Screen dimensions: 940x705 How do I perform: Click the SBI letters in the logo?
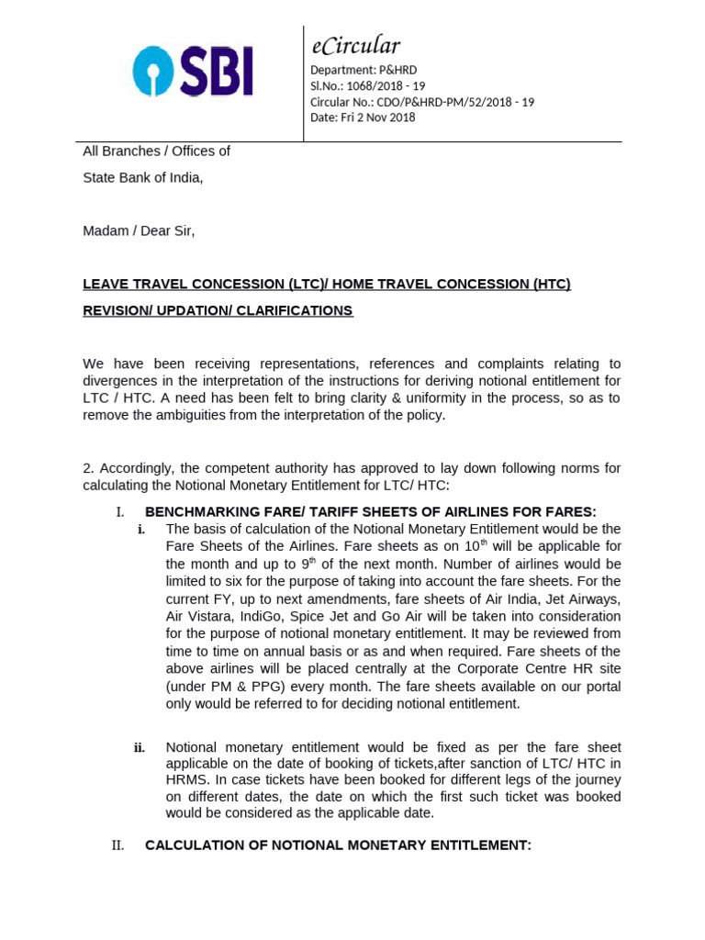[215, 73]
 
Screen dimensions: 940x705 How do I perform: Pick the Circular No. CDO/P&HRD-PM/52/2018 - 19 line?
[422, 101]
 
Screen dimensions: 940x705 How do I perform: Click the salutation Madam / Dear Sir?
[139, 230]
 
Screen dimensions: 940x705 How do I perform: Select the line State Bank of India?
[142, 178]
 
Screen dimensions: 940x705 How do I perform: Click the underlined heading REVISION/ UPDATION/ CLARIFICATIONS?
[218, 310]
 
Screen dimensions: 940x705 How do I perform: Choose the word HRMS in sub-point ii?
[186, 780]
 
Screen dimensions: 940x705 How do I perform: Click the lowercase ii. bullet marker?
[140, 747]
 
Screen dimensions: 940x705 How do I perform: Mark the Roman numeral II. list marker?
[117, 845]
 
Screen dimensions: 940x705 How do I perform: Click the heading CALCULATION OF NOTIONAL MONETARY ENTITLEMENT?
[338, 845]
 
